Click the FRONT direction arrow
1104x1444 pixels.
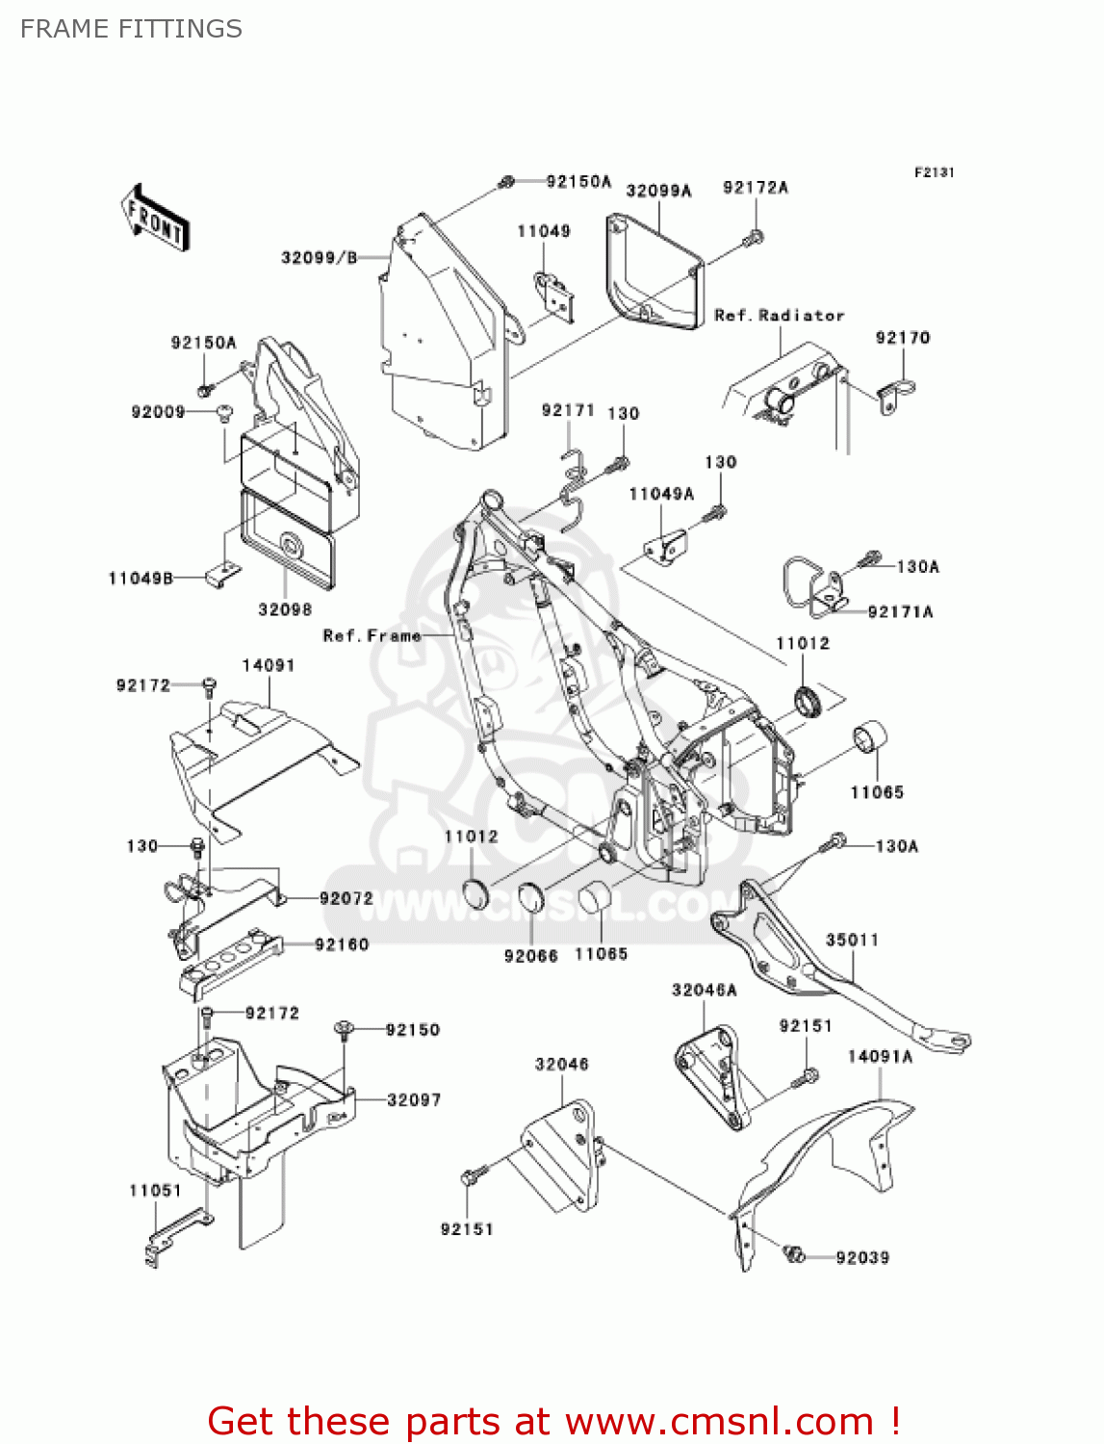click(154, 219)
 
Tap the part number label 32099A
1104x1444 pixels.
click(658, 191)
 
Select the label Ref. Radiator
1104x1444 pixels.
click(779, 316)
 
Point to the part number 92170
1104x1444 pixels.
click(902, 338)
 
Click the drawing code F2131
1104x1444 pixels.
click(934, 172)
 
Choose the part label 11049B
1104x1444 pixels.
click(141, 579)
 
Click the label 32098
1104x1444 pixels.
click(285, 609)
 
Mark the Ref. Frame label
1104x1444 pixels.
click(372, 636)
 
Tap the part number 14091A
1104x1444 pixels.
click(880, 1057)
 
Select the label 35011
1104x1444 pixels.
click(852, 941)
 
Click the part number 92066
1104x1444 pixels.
click(530, 956)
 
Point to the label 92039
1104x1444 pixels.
click(862, 1258)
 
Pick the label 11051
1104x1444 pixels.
click(155, 1191)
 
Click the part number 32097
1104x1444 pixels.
click(414, 1100)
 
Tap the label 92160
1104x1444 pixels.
click(342, 945)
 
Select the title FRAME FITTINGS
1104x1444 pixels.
click(131, 29)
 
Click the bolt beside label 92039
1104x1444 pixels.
click(794, 1253)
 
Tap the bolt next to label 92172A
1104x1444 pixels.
click(756, 237)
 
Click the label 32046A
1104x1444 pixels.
click(704, 991)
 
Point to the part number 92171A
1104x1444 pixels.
click(900, 612)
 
